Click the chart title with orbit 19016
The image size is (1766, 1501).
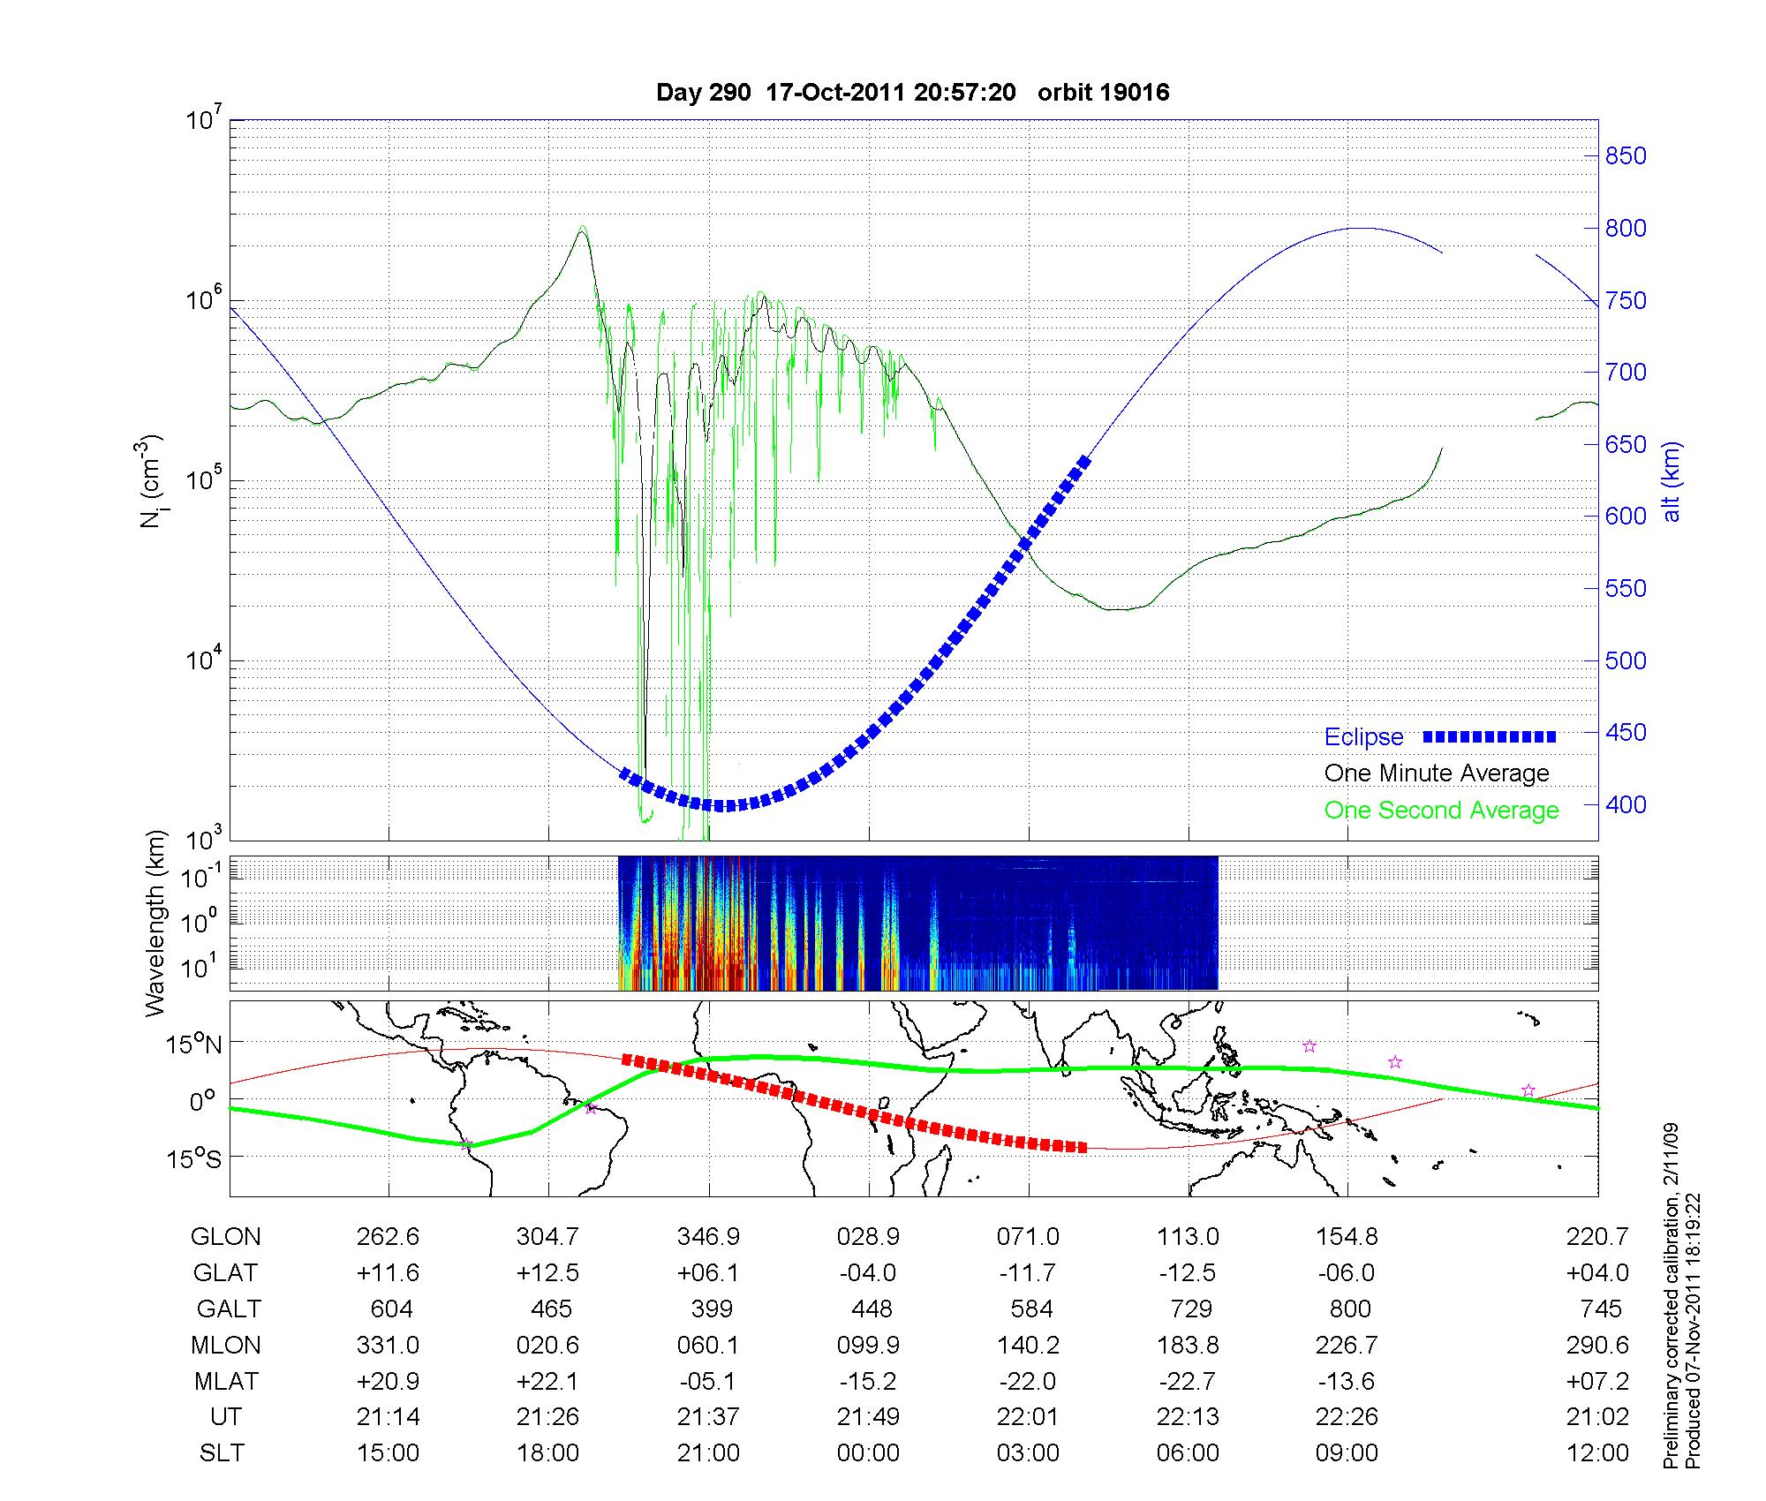click(x=912, y=93)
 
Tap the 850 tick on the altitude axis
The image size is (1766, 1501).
click(x=1626, y=156)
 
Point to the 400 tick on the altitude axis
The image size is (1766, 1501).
click(x=1626, y=805)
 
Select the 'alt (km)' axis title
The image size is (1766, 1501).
click(x=1672, y=481)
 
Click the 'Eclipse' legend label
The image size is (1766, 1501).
click(x=1363, y=737)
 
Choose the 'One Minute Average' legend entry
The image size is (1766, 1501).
click(x=1437, y=773)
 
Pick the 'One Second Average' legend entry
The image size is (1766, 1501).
click(x=1441, y=811)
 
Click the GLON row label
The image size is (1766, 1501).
click(x=225, y=1237)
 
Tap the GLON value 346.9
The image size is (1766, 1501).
click(x=708, y=1237)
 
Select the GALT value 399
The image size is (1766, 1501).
click(x=708, y=1309)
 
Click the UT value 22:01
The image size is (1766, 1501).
click(x=1028, y=1417)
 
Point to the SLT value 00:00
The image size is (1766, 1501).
click(x=868, y=1453)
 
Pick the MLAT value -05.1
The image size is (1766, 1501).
click(x=708, y=1381)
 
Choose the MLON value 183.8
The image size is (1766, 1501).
click(x=1188, y=1346)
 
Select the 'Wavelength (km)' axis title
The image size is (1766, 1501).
click(x=155, y=923)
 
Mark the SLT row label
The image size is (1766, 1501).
click(x=222, y=1453)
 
